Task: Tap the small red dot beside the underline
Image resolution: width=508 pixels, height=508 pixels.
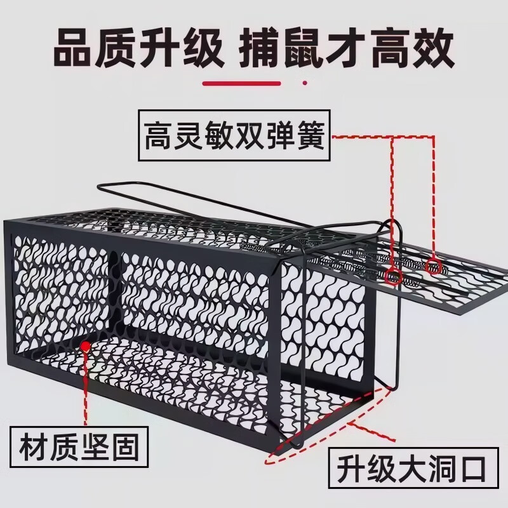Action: coord(305,83)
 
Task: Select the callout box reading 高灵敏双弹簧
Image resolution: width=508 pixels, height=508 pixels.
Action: coord(234,136)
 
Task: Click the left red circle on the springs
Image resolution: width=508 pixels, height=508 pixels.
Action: coord(394,276)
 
